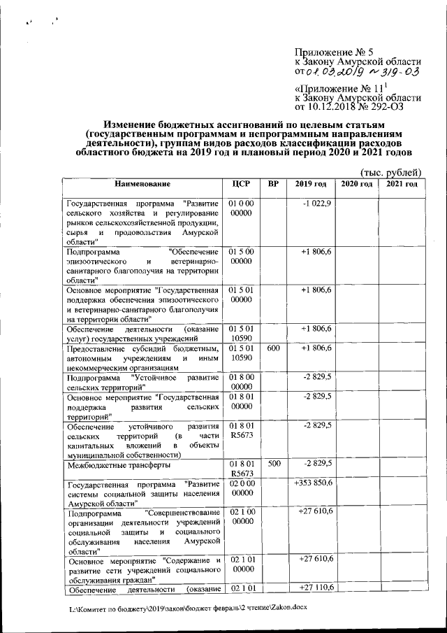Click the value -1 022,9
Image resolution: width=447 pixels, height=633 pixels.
point(316,203)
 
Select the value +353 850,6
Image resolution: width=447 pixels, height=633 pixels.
point(314,483)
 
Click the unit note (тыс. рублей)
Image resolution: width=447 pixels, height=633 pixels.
point(390,171)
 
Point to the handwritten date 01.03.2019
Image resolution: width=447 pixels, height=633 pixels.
point(337,71)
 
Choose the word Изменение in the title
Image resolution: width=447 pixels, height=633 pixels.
point(140,123)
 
